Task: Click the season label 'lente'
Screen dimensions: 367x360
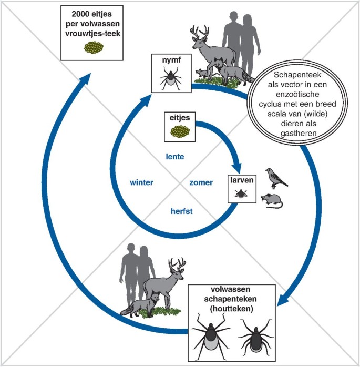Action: pyautogui.click(x=177, y=156)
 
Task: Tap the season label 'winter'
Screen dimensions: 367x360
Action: pyautogui.click(x=141, y=183)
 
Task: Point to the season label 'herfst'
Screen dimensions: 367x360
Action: pyautogui.click(x=181, y=211)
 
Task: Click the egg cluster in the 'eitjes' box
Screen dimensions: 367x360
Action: pyautogui.click(x=179, y=132)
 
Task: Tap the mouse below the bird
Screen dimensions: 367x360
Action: pyautogui.click(x=272, y=200)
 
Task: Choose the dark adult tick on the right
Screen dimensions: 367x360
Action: pyautogui.click(x=256, y=335)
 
